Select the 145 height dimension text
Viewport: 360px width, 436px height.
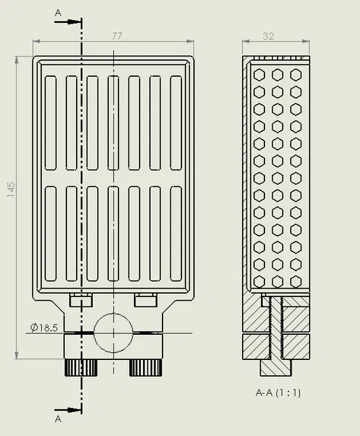click(x=10, y=190)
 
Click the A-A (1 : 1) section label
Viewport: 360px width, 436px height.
click(x=277, y=393)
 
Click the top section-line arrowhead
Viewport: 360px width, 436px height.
click(x=75, y=22)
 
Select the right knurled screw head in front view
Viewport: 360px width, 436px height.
click(x=146, y=367)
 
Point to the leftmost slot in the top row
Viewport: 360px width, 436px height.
click(x=50, y=123)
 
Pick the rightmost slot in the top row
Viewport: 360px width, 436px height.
click(x=176, y=123)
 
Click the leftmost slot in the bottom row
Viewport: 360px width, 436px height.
click(x=50, y=233)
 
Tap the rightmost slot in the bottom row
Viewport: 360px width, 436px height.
click(x=176, y=233)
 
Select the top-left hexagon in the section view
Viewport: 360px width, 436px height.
click(x=260, y=74)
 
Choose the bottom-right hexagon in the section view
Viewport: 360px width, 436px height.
click(x=296, y=280)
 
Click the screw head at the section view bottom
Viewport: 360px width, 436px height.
click(x=276, y=366)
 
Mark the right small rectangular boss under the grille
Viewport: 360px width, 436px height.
click(x=145, y=300)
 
